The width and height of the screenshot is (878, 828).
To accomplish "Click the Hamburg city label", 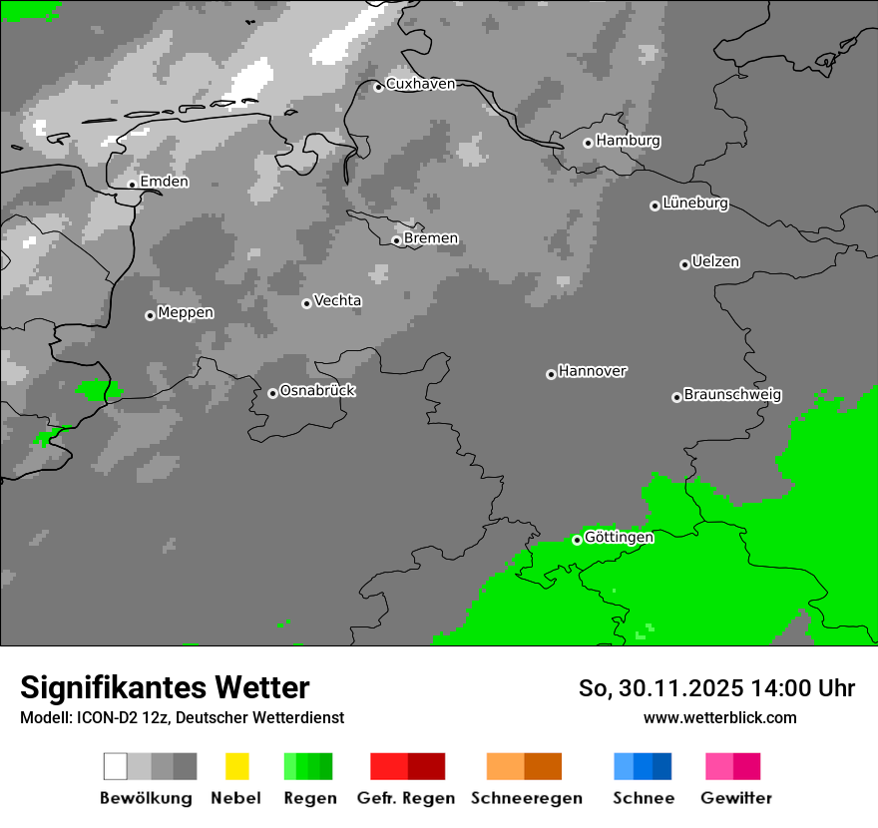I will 629,141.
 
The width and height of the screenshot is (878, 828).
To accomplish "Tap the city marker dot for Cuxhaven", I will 378,88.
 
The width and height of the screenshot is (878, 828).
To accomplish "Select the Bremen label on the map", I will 431,238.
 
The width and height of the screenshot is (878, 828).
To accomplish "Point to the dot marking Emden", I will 132,184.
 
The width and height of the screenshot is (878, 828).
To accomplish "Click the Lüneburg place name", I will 695,204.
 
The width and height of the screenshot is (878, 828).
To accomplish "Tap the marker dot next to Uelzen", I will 684,264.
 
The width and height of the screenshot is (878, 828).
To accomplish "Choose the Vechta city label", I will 337,300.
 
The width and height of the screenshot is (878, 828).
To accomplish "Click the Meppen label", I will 186,313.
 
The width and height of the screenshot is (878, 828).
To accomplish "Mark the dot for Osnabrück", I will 272,393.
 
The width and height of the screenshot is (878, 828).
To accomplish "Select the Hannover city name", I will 593,371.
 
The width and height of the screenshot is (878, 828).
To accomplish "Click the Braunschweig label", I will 732,395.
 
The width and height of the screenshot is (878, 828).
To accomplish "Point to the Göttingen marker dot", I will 577,540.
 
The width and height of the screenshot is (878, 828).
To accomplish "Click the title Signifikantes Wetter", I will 165,687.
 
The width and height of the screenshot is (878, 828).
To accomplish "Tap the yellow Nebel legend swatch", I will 236,766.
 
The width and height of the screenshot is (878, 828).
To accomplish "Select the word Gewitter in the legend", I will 736,798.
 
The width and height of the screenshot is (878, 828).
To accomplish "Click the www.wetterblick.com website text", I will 720,717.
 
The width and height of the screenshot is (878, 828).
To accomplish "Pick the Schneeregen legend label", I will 527,798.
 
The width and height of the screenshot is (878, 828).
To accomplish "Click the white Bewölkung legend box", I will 115,766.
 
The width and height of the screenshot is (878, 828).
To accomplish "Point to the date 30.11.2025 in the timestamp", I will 675,688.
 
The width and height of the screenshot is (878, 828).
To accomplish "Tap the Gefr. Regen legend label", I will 406,798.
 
